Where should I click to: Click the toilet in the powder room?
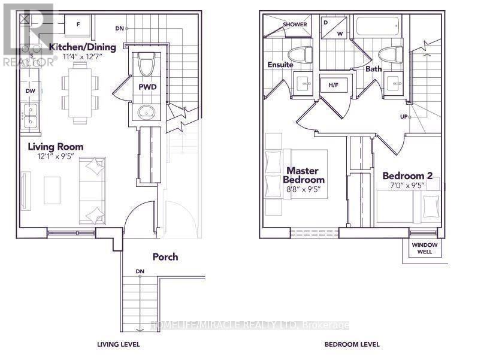tap(146, 62)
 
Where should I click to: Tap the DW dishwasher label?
tap(30, 91)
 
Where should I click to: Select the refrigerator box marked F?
tap(80, 25)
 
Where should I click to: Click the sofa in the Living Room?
tap(92, 190)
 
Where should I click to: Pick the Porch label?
tap(165, 256)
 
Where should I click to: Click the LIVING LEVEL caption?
tap(119, 344)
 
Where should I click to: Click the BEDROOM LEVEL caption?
tap(352, 344)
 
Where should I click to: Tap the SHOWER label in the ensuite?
tap(295, 25)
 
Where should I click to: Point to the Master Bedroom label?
tap(304, 175)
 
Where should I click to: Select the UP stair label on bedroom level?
tap(404, 116)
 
